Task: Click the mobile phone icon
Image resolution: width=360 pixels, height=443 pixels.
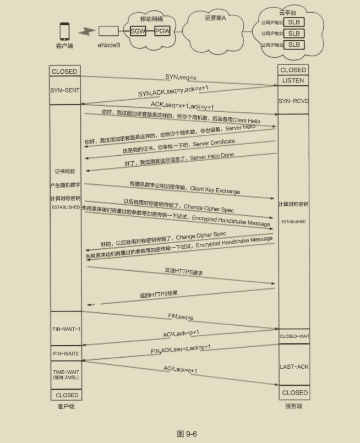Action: [64, 31]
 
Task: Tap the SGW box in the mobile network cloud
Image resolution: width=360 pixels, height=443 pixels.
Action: [138, 31]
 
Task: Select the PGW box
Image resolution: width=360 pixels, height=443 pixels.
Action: [162, 31]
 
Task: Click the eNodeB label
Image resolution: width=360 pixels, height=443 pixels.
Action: [109, 45]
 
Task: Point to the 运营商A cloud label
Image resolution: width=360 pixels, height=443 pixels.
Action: [215, 18]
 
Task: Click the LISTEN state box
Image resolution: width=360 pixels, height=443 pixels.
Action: [293, 80]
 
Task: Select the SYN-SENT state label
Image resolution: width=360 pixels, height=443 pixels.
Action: [65, 90]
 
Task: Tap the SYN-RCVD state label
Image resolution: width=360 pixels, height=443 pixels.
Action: [293, 101]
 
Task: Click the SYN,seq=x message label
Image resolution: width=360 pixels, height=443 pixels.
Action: [181, 77]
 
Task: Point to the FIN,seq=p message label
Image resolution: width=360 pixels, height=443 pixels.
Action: [181, 317]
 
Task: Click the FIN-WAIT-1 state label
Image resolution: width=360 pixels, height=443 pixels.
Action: [67, 329]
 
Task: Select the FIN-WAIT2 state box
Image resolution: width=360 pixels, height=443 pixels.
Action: [66, 353]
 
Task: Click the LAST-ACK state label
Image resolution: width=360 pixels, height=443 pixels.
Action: [294, 367]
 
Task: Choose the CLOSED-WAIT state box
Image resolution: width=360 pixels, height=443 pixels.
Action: [294, 336]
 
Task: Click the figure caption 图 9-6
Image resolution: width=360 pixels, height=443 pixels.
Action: [187, 434]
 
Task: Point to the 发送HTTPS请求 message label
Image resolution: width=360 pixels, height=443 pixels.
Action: [184, 271]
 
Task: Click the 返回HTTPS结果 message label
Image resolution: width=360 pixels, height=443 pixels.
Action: [159, 294]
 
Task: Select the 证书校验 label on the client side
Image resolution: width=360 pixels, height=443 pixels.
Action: [65, 171]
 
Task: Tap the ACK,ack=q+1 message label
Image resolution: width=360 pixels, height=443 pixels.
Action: [181, 369]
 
